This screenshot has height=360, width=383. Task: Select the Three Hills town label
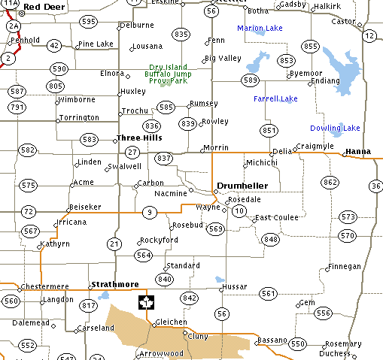(139, 138)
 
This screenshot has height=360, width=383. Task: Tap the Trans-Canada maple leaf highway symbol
(146, 302)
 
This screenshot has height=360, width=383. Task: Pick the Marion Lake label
(260, 29)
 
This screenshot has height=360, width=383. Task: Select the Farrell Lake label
(275, 98)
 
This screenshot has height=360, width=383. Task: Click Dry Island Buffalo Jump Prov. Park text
(168, 74)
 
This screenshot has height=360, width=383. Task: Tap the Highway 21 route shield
(114, 243)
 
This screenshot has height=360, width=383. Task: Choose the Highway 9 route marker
(150, 213)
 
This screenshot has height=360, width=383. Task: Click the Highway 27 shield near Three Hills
(132, 152)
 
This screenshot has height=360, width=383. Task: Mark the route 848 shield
(271, 239)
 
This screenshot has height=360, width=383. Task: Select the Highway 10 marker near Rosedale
(239, 211)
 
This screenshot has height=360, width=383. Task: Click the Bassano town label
(272, 340)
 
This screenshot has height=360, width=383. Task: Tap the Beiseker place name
(84, 206)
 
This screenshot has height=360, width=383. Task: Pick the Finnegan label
(345, 267)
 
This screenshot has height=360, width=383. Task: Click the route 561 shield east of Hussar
(269, 293)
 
